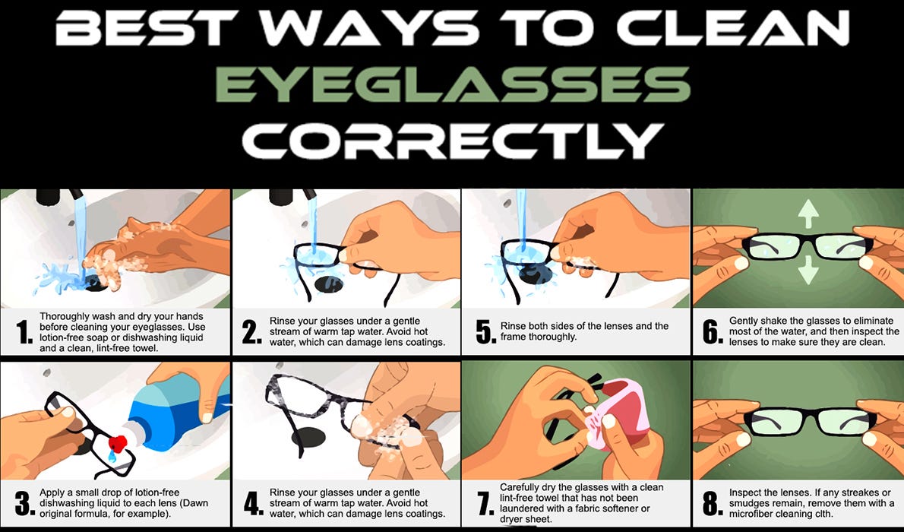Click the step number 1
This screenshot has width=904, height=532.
click(24, 332)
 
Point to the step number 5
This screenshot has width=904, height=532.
click(485, 332)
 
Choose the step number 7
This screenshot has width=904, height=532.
click(485, 503)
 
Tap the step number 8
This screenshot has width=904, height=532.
click(713, 503)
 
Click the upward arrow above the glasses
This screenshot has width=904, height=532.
click(808, 214)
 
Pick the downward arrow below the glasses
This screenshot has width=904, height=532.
click(808, 270)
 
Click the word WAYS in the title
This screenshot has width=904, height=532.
click(369, 27)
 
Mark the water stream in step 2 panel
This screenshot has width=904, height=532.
click(312, 225)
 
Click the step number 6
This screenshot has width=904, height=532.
click(713, 332)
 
